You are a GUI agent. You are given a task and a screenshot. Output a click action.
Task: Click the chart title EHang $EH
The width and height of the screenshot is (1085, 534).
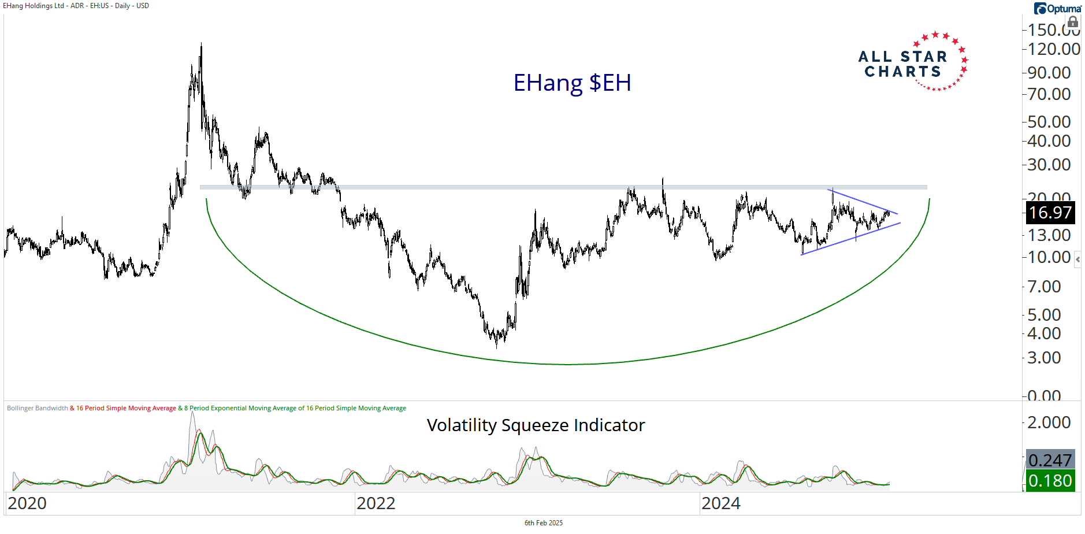pos(572,83)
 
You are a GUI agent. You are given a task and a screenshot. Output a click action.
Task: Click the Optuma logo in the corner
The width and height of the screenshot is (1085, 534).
pos(1057,8)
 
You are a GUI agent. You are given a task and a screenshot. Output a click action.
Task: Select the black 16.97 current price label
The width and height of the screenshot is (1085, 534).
pos(1050,213)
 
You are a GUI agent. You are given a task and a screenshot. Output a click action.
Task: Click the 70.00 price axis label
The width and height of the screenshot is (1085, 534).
pos(1049,94)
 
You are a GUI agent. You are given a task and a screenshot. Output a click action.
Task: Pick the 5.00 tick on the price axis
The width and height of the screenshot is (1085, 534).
pos(1044,315)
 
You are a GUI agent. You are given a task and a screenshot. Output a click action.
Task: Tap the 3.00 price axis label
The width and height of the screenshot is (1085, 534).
pos(1044,358)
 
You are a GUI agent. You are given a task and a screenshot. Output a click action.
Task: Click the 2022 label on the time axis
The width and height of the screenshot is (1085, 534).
pos(376,503)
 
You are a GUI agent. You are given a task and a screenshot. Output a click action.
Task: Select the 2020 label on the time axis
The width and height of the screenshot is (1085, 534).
pos(27,503)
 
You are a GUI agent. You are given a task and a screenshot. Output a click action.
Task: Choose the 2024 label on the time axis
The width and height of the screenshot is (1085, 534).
pos(721,503)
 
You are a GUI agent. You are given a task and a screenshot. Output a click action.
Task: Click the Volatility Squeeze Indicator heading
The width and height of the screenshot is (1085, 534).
pos(536,425)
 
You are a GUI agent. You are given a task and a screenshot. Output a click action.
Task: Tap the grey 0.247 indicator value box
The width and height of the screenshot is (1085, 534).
pos(1050,460)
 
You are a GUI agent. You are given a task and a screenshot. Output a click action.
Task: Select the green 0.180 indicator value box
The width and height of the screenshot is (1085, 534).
pos(1050,481)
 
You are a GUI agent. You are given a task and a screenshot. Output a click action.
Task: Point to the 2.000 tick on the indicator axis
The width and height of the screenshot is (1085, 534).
pos(1049,422)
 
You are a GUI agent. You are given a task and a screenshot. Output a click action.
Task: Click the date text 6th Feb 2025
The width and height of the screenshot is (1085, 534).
pos(543,523)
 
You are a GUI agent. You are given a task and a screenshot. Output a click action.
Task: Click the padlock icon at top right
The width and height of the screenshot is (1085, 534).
pos(1073,23)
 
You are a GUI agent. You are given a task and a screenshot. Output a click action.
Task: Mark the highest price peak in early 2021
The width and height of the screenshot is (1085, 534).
pos(201,44)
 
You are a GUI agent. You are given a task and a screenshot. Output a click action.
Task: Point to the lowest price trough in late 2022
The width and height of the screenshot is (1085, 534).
pos(496,347)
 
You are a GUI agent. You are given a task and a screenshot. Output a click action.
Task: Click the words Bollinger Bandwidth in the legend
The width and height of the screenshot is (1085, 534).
pos(38,408)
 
